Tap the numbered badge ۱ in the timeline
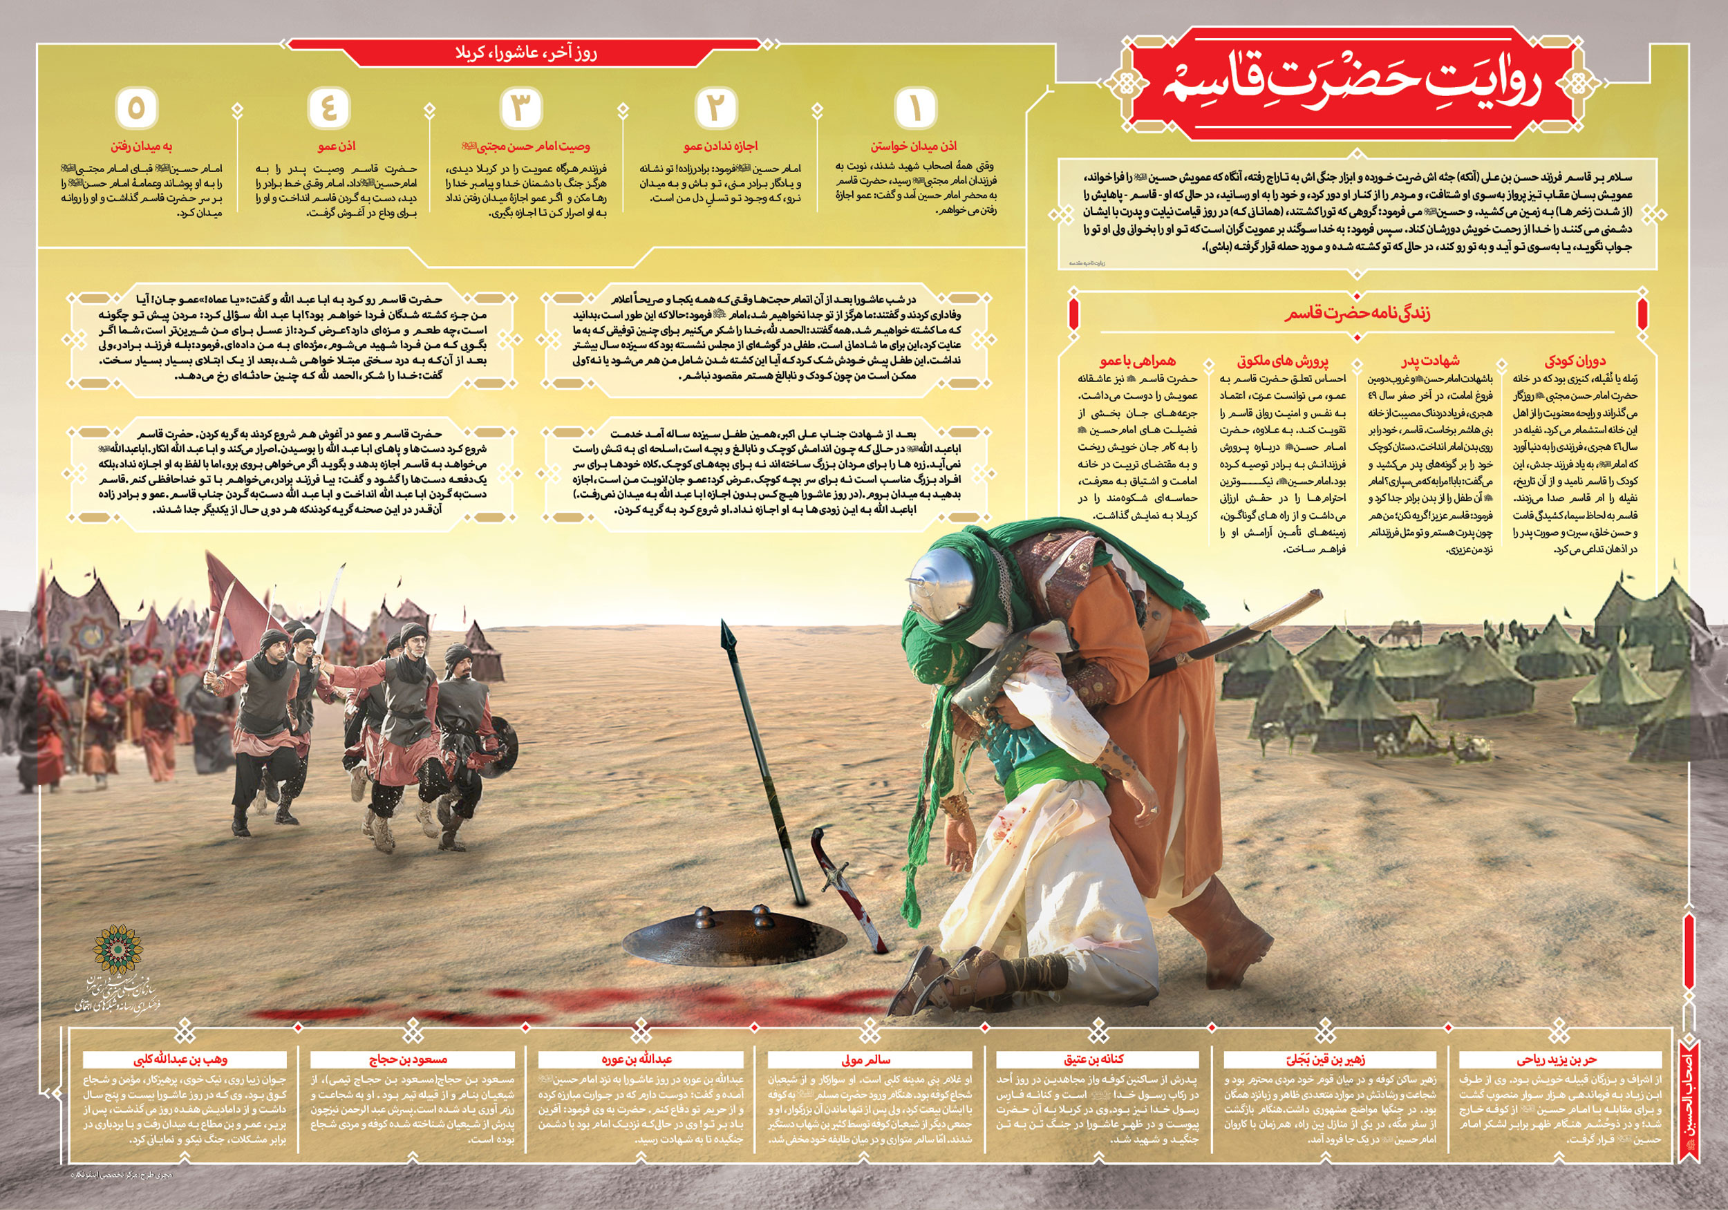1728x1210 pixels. pos(915,108)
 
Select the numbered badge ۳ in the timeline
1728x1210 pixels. pos(520,108)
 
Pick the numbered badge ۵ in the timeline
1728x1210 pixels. pos(136,108)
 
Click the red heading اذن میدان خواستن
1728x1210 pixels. pos(914,146)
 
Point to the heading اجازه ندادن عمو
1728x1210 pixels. pos(720,146)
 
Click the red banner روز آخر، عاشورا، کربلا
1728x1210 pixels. pos(525,53)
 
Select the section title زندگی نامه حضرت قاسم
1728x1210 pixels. pos(1357,313)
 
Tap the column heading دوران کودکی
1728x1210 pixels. pos(1575,361)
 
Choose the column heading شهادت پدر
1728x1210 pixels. pos(1430,361)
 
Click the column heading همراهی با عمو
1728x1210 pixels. pos(1137,361)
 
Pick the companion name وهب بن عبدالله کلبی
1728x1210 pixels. pos(180,1059)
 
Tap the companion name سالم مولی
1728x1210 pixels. pos(865,1059)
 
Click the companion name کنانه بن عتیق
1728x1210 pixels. pos(1093,1059)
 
